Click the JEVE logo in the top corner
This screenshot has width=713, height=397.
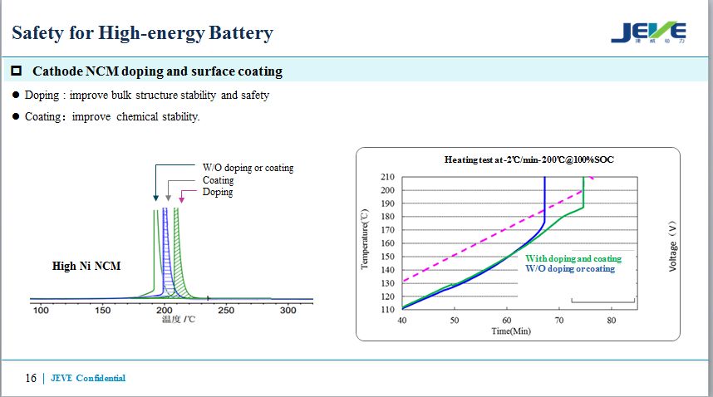point(649,32)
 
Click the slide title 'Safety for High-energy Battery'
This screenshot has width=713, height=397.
point(142,33)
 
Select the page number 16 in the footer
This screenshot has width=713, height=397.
point(31,378)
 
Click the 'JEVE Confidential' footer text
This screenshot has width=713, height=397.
point(88,379)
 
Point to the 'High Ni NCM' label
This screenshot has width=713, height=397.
point(86,266)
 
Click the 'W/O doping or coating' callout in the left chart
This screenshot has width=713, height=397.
point(248,168)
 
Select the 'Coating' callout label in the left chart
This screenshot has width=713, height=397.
point(218,180)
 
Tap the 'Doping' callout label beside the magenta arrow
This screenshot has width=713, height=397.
point(218,192)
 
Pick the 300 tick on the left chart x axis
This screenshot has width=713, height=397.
point(288,311)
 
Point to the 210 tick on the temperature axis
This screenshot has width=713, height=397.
point(388,177)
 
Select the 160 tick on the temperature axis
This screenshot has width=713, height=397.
point(388,243)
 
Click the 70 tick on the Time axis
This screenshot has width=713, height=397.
point(559,320)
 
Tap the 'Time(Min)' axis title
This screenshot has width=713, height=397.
point(510,331)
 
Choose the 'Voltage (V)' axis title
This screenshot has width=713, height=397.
point(673,245)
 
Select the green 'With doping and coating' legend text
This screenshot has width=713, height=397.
point(573,259)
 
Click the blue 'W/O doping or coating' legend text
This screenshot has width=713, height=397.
point(570,269)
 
